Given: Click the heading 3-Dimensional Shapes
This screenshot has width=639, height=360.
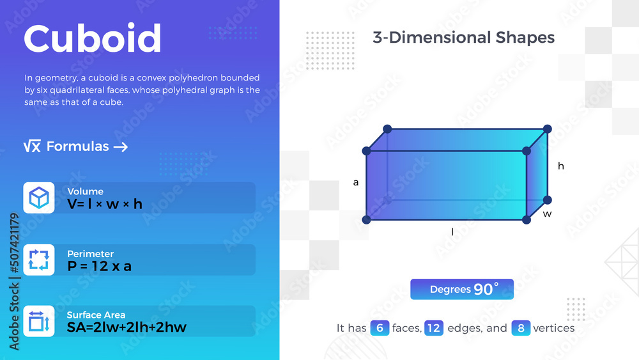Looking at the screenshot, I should [x=463, y=37].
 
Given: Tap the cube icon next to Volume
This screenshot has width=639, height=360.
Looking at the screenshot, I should [x=39, y=198].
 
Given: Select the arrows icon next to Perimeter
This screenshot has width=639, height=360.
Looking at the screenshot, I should [x=39, y=260].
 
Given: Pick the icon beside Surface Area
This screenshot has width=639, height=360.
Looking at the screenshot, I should [x=39, y=321].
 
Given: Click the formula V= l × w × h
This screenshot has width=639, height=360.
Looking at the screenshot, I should [x=105, y=204].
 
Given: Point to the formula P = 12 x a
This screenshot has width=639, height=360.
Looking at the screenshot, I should [x=100, y=266].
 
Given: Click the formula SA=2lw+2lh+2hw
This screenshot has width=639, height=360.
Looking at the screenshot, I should [x=127, y=327].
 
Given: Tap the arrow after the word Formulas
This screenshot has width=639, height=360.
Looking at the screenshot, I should [x=121, y=147].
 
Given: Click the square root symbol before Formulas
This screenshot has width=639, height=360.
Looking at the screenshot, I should [x=32, y=147].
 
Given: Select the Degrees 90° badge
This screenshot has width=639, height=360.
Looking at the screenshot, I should [x=462, y=289].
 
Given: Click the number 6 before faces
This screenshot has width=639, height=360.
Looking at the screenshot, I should [x=380, y=328].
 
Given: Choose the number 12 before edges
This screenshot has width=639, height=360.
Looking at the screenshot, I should [x=434, y=328].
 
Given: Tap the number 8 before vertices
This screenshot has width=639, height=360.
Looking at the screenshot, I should [x=521, y=328].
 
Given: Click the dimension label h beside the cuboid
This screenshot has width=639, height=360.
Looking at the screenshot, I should [x=561, y=166].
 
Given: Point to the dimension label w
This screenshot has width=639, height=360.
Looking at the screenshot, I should [x=547, y=214].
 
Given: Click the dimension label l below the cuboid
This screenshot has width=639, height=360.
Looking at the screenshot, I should [x=452, y=233].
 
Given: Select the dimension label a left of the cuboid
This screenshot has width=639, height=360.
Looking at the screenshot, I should [x=356, y=183].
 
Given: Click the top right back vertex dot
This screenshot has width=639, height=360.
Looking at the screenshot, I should [x=548, y=129].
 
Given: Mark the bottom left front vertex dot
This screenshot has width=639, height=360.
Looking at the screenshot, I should [x=366, y=220].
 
